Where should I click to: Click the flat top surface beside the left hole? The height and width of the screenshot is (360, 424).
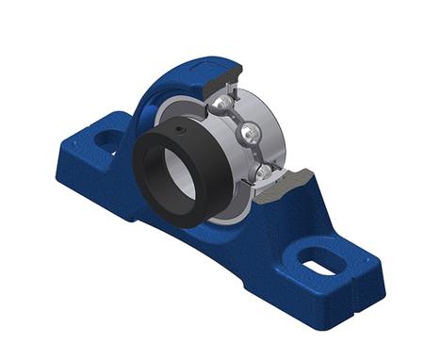[x=94, y=132]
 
